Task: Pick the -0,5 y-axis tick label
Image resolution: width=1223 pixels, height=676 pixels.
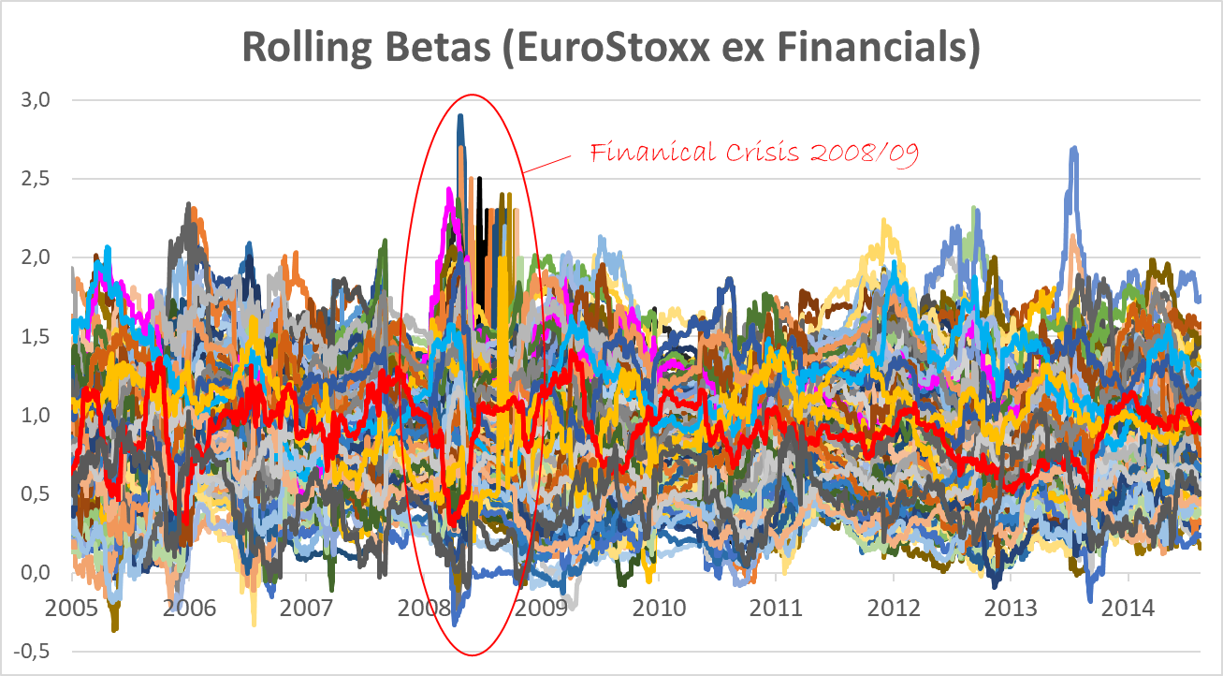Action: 36,652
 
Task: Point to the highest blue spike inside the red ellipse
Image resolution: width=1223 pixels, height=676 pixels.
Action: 460,118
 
